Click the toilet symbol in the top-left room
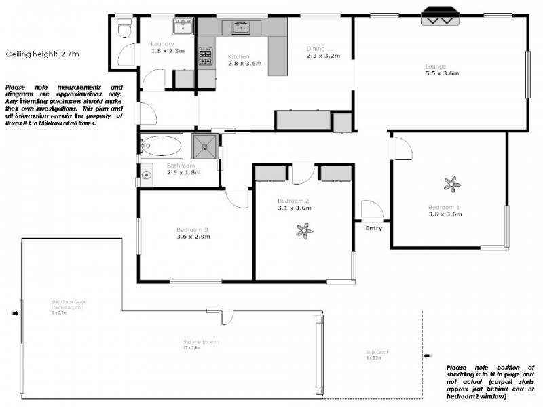pos(124,29)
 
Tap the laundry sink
pos(183,26)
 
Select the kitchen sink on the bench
pos(240,28)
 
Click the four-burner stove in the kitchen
pos(205,55)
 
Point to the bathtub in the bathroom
pos(162,145)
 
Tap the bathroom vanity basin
pos(145,174)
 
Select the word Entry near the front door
pos(373,228)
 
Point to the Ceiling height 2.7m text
pos(42,53)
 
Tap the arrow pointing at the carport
pos(428,355)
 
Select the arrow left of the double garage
pos(14,313)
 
